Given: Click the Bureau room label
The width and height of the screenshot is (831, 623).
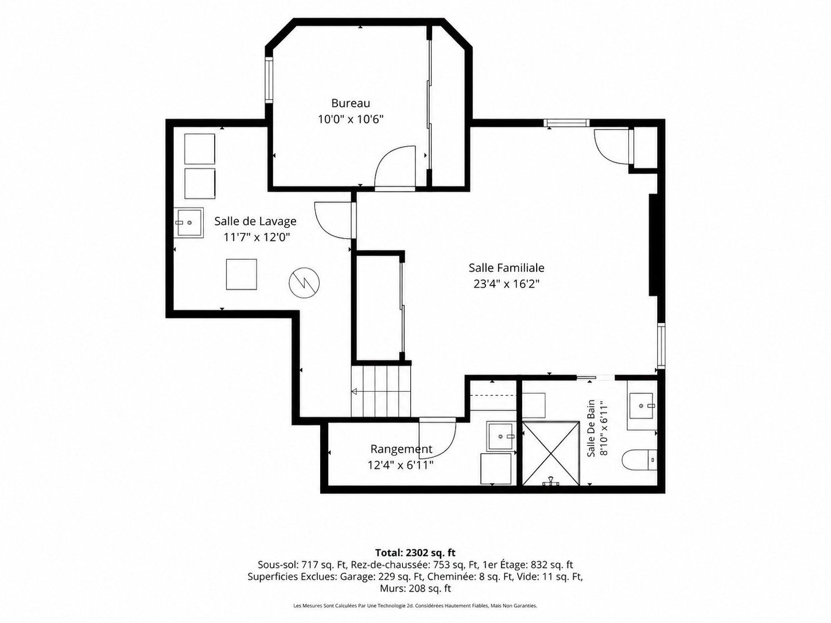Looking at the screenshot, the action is [x=351, y=103].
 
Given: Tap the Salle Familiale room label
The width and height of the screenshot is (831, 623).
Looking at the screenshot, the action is [x=507, y=268].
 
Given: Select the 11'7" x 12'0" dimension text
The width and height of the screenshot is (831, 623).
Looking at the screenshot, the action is [x=257, y=237].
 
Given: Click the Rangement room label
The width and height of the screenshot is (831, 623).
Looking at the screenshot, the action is [x=401, y=449].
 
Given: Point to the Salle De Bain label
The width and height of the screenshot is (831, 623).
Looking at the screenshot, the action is [x=591, y=428].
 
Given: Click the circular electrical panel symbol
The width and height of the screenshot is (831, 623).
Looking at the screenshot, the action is [x=304, y=283].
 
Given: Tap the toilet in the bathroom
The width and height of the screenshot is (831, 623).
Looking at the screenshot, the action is [x=639, y=460].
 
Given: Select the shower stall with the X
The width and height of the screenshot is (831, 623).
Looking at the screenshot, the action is [x=551, y=454].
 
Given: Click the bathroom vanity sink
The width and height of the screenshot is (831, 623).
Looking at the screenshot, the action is [x=642, y=406].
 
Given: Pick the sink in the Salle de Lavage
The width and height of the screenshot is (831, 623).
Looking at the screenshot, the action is [x=189, y=223].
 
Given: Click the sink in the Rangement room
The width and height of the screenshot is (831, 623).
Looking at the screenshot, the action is [x=501, y=437].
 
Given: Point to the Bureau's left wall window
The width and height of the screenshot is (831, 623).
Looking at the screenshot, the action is [x=269, y=79].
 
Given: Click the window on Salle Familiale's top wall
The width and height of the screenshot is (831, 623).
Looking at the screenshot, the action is [x=566, y=123].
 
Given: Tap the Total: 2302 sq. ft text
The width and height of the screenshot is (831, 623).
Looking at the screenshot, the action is [x=415, y=553].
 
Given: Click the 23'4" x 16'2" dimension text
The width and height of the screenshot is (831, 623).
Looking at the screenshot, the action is [x=506, y=284].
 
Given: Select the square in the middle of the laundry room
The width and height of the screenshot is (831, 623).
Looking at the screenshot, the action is [x=242, y=274].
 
